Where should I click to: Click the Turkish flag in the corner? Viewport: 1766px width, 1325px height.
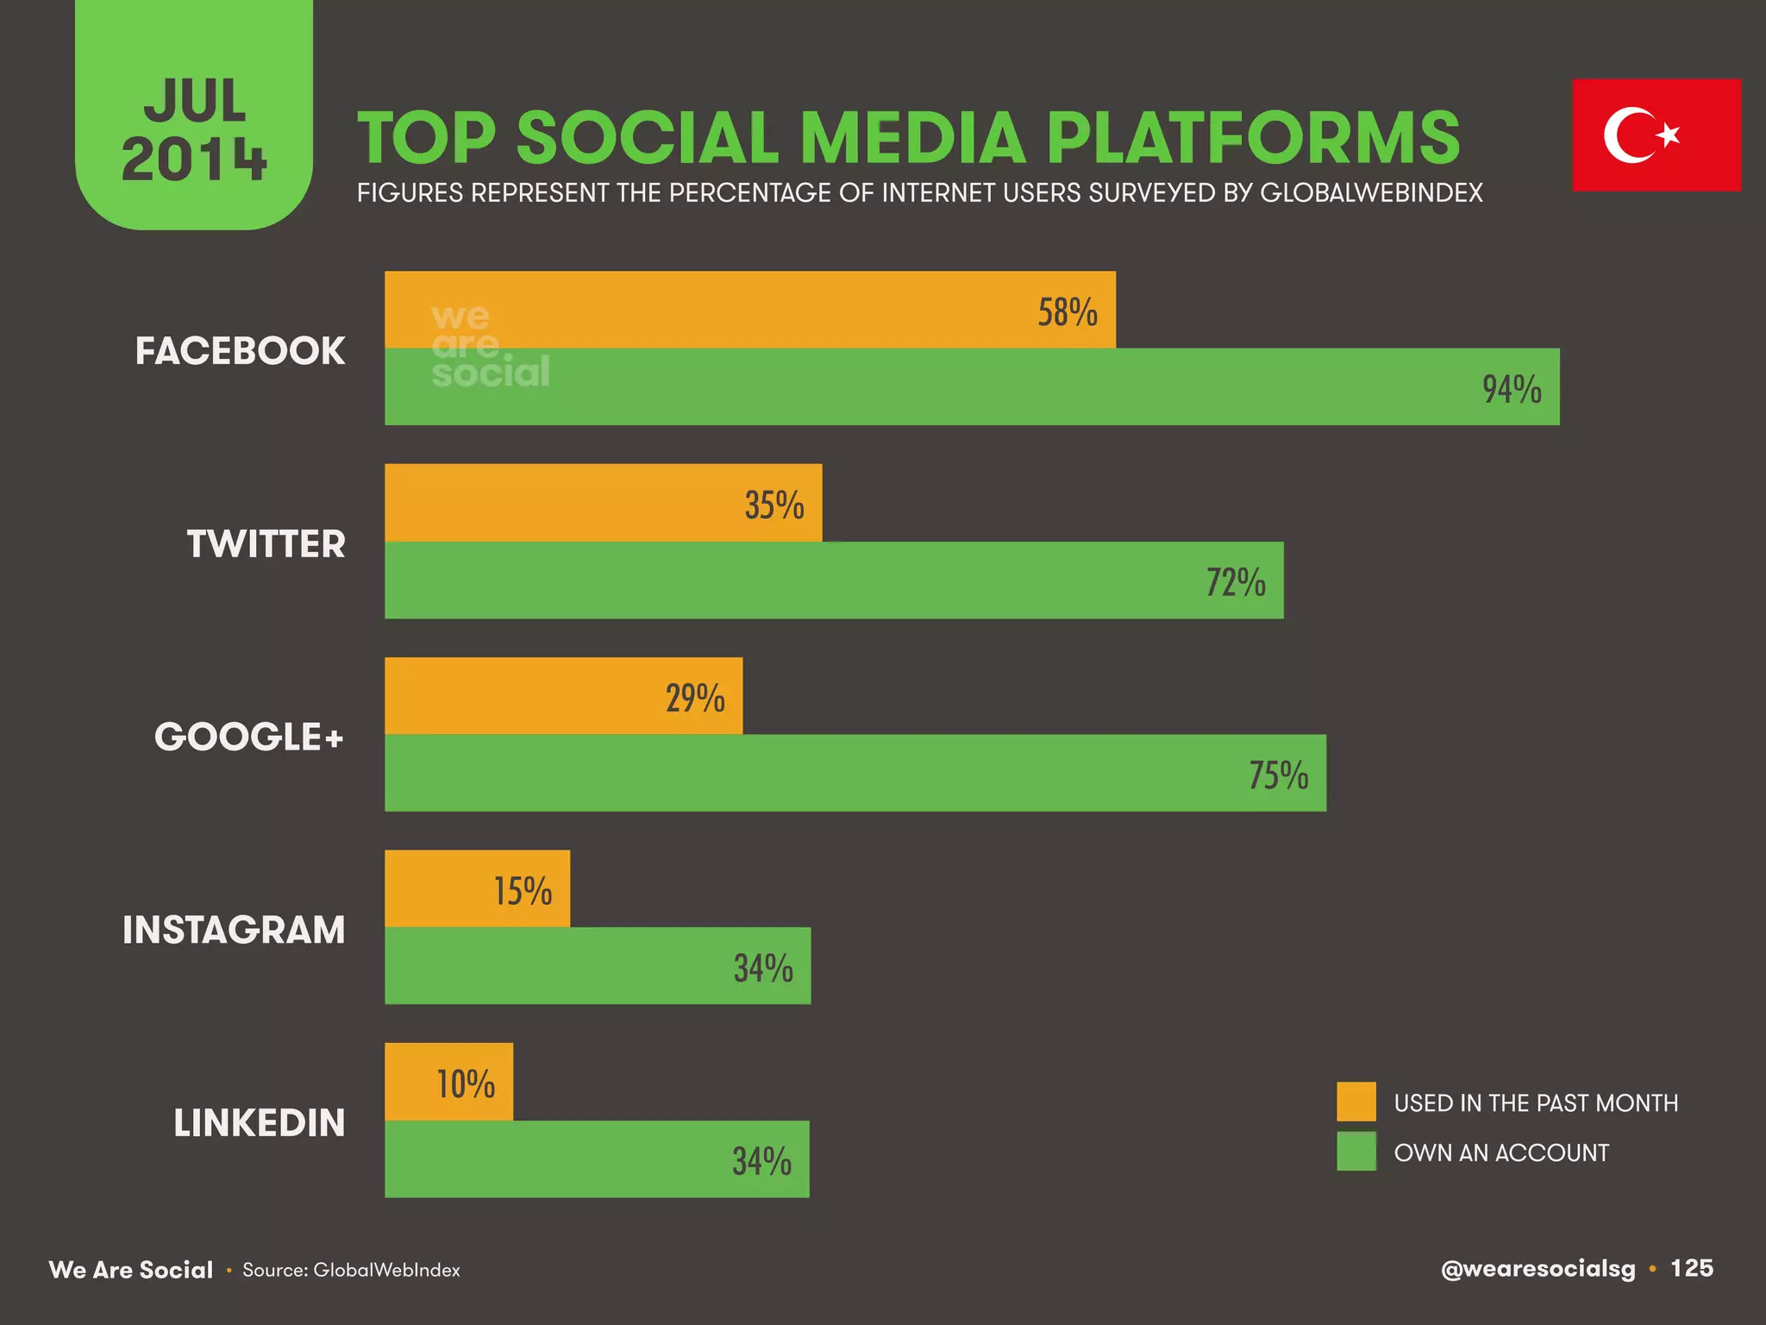click(x=1656, y=135)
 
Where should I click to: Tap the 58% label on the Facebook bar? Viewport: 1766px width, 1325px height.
click(x=1067, y=312)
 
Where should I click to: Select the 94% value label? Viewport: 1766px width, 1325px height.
click(x=1512, y=389)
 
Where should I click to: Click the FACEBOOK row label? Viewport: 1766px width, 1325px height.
click(x=240, y=351)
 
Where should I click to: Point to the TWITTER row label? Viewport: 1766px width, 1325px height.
click(x=266, y=544)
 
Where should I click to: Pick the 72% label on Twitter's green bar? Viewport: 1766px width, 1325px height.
click(x=1235, y=582)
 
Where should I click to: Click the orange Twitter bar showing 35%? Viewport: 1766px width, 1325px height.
click(x=603, y=503)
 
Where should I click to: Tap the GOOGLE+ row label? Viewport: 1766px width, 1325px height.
click(x=248, y=737)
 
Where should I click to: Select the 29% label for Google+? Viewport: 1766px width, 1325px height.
click(x=694, y=698)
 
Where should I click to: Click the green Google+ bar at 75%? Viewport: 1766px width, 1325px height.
click(x=855, y=773)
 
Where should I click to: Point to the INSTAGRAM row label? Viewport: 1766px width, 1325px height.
click(x=234, y=930)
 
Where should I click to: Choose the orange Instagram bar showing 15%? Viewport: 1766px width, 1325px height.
click(x=477, y=889)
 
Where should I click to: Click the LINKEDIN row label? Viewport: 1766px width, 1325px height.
click(x=259, y=1123)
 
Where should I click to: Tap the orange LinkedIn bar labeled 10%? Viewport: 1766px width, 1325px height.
click(x=448, y=1082)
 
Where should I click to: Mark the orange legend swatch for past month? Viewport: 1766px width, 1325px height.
click(x=1356, y=1102)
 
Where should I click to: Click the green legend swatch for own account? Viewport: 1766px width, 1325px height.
click(x=1356, y=1152)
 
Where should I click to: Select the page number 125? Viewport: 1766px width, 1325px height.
click(x=1691, y=1268)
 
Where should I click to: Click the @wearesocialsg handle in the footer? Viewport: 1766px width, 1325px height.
click(x=1537, y=1269)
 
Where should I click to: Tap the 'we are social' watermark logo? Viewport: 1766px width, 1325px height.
click(x=489, y=345)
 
